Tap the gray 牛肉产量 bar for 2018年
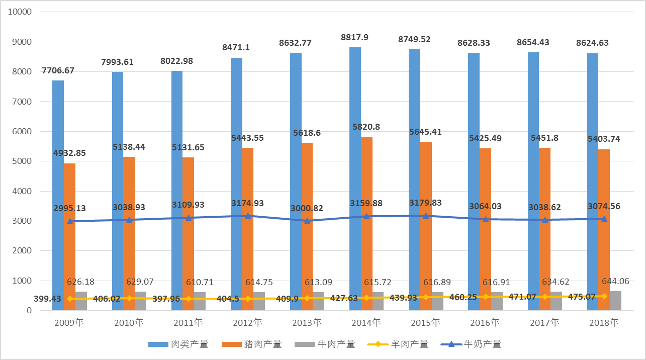click(615, 301)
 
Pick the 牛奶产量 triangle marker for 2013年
click(307, 220)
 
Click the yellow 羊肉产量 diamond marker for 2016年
click(485, 297)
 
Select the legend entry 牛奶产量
click(471, 344)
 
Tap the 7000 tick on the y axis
click(22, 102)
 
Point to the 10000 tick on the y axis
click(20, 12)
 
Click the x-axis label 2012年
click(247, 323)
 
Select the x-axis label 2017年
click(544, 323)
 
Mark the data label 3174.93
click(247, 203)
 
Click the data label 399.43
click(48, 299)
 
